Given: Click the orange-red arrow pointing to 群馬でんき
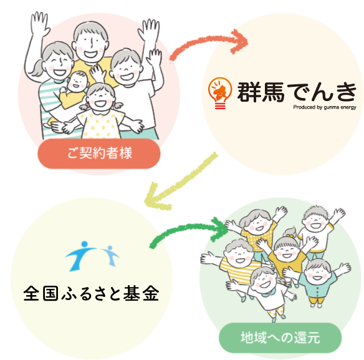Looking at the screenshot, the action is (204, 40).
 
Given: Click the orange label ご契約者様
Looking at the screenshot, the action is (99, 153).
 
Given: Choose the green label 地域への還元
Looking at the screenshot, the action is (280, 338).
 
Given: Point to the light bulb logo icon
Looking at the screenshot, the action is (220, 93).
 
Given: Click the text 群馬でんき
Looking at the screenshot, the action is (297, 92).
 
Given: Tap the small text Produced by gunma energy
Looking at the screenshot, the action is (325, 107).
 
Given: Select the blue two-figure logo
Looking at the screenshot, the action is (92, 256).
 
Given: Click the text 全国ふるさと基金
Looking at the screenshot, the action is (91, 293).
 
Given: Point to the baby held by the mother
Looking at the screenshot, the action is (74, 89).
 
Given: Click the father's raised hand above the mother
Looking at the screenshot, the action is (39, 23).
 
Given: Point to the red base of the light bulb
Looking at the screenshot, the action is (220, 105).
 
